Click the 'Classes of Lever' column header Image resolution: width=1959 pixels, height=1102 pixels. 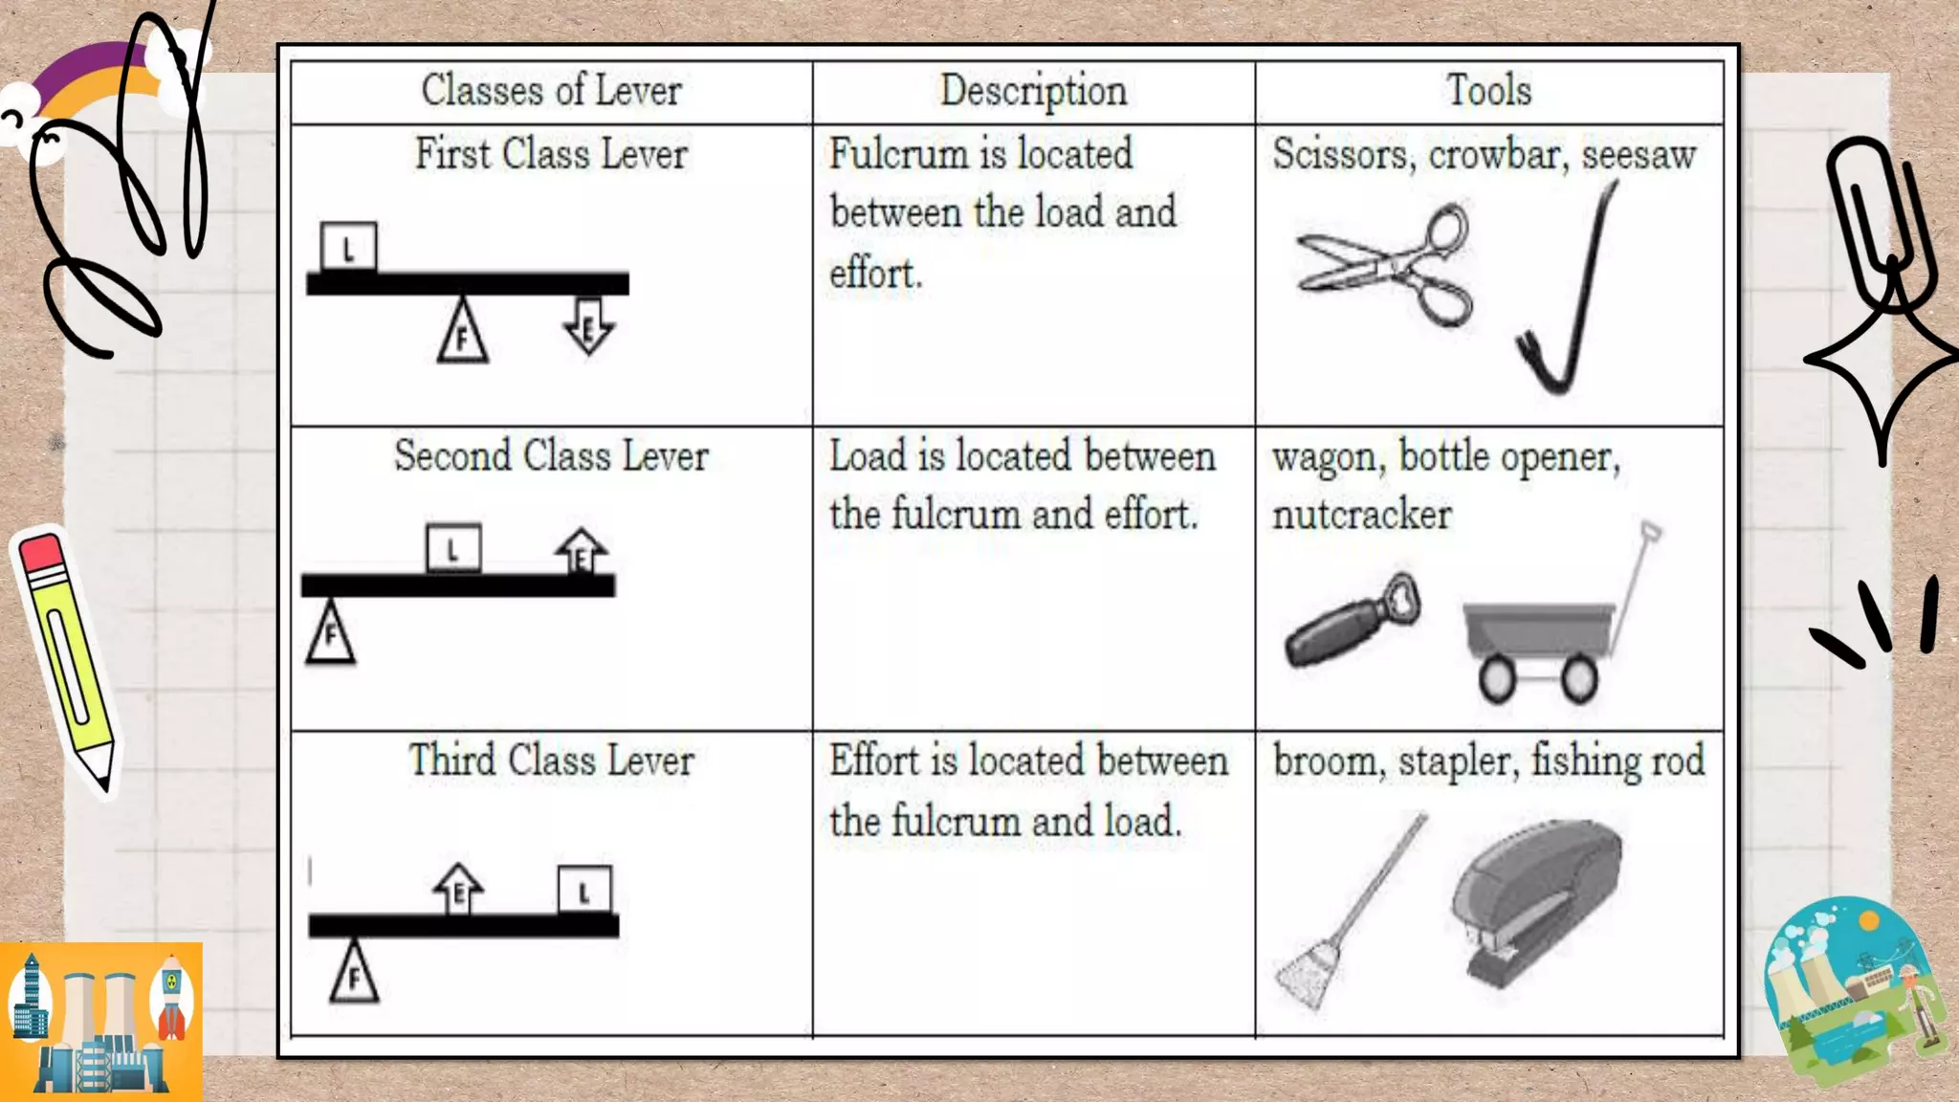point(551,91)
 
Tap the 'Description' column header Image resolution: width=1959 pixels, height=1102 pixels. point(1033,91)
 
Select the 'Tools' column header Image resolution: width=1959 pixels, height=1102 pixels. point(1488,91)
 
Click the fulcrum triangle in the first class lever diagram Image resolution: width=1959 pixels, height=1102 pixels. point(463,332)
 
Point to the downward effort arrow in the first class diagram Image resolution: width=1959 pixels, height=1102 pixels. point(588,326)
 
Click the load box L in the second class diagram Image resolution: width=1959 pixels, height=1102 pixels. point(453,548)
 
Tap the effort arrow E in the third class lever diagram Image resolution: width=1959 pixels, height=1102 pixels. point(458,889)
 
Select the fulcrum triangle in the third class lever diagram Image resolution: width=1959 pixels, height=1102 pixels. point(354,973)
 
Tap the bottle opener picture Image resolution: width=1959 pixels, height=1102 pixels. point(1351,622)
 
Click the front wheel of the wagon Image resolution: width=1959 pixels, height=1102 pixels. point(1496,678)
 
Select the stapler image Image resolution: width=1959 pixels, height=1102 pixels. point(1535,899)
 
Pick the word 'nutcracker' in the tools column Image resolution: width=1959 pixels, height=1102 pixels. point(1361,516)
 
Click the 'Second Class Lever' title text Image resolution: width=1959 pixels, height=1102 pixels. point(551,456)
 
